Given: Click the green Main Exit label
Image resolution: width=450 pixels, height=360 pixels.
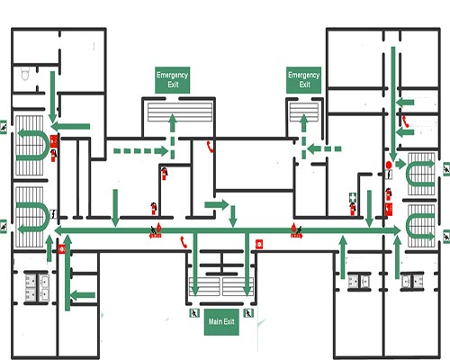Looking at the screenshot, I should (221, 321).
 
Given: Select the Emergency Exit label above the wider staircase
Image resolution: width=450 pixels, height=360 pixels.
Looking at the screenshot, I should (170, 79).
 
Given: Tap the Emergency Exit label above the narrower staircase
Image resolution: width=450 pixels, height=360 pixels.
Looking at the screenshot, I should (304, 79).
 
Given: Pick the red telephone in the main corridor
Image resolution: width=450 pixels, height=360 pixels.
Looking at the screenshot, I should (183, 240).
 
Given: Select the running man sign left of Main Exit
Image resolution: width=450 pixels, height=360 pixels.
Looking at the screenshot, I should (193, 314).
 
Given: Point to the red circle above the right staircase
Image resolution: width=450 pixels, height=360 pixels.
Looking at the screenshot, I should (389, 166).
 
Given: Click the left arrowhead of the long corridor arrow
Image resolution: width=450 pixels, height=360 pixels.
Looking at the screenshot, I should (60, 231).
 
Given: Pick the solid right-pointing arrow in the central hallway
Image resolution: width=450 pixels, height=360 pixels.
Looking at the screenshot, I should (216, 205).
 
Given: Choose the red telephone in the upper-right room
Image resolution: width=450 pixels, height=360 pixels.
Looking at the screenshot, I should (406, 121).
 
